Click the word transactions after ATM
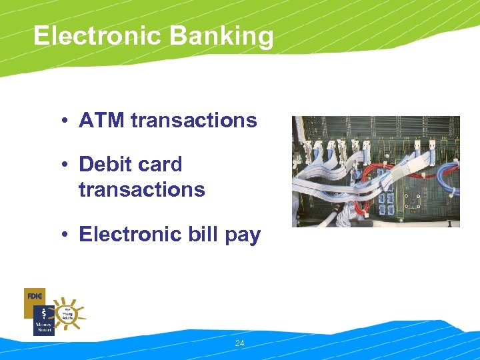[x=194, y=121]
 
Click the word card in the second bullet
[x=162, y=164]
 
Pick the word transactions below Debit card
[x=141, y=189]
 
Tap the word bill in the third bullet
[x=204, y=235]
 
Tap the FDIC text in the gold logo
[x=35, y=295]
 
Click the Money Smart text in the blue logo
[x=43, y=326]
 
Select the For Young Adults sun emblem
[x=68, y=313]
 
